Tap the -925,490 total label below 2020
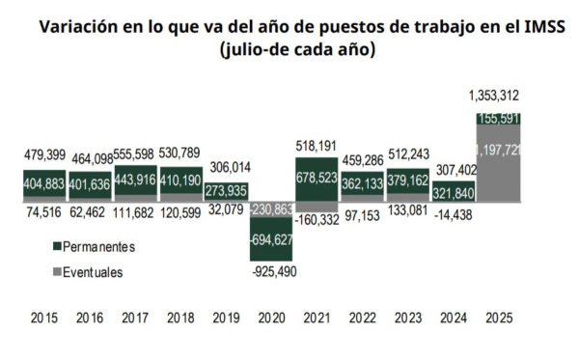[274, 271]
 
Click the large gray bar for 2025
[500, 164]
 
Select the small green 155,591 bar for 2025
[500, 118]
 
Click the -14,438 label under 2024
[454, 218]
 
